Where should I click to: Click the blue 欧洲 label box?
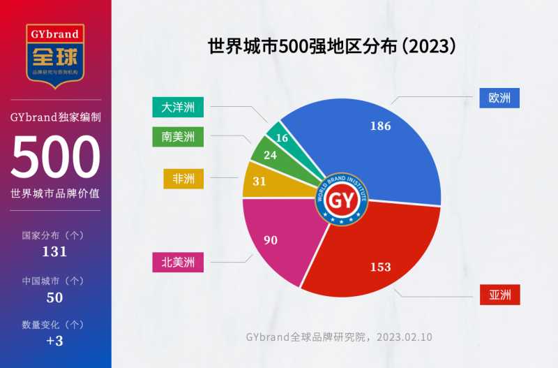pos(500,98)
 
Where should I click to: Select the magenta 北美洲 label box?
pos(178,263)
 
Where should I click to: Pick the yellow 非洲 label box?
pos(183,179)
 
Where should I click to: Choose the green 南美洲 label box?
pos(178,137)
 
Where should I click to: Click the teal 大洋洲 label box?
pos(178,108)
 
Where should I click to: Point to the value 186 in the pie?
pos(381,126)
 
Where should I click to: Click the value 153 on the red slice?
pos(381,267)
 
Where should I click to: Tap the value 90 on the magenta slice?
pos(271,240)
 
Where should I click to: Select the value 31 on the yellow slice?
pos(259,181)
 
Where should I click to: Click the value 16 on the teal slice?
pos(282,138)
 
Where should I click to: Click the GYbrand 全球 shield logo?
pos(55,53)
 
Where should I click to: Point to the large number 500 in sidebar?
pos(55,156)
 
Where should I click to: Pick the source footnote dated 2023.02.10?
pos(339,337)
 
